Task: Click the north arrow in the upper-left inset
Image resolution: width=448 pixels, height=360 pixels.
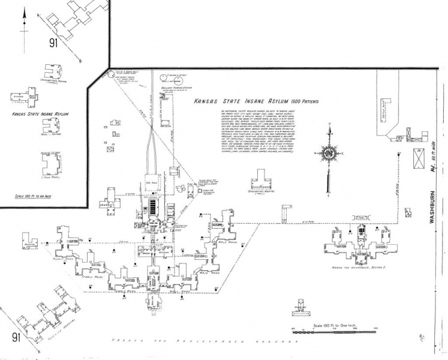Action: tap(25, 23)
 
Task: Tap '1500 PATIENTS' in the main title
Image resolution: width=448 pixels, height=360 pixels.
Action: tap(302, 101)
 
